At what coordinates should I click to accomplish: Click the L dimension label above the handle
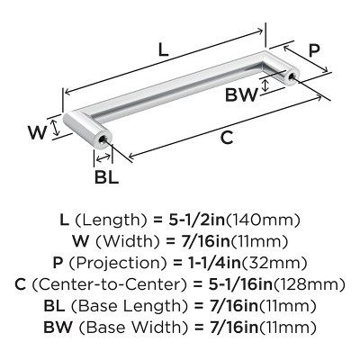[x=163, y=49]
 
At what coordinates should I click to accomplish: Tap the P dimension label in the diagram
[x=314, y=50]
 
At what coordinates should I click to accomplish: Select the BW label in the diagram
[x=241, y=95]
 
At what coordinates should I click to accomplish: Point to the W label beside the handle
[x=38, y=132]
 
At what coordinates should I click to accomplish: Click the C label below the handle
[x=227, y=138]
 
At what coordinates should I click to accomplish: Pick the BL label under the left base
[x=106, y=176]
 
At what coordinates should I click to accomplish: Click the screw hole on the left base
[x=103, y=139]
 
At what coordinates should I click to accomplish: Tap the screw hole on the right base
[x=291, y=76]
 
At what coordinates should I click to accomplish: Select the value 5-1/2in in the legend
[x=197, y=220]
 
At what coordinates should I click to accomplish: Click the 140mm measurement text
[x=263, y=220]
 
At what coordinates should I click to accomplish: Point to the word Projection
[x=118, y=264]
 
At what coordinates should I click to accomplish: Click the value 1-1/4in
[x=215, y=263]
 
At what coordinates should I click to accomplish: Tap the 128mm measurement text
[x=309, y=284]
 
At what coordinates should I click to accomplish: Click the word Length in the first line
[x=111, y=221]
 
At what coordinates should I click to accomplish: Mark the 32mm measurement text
[x=274, y=264]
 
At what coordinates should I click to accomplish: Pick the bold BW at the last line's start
[x=58, y=327]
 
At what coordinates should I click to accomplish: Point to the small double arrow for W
[x=55, y=127]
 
